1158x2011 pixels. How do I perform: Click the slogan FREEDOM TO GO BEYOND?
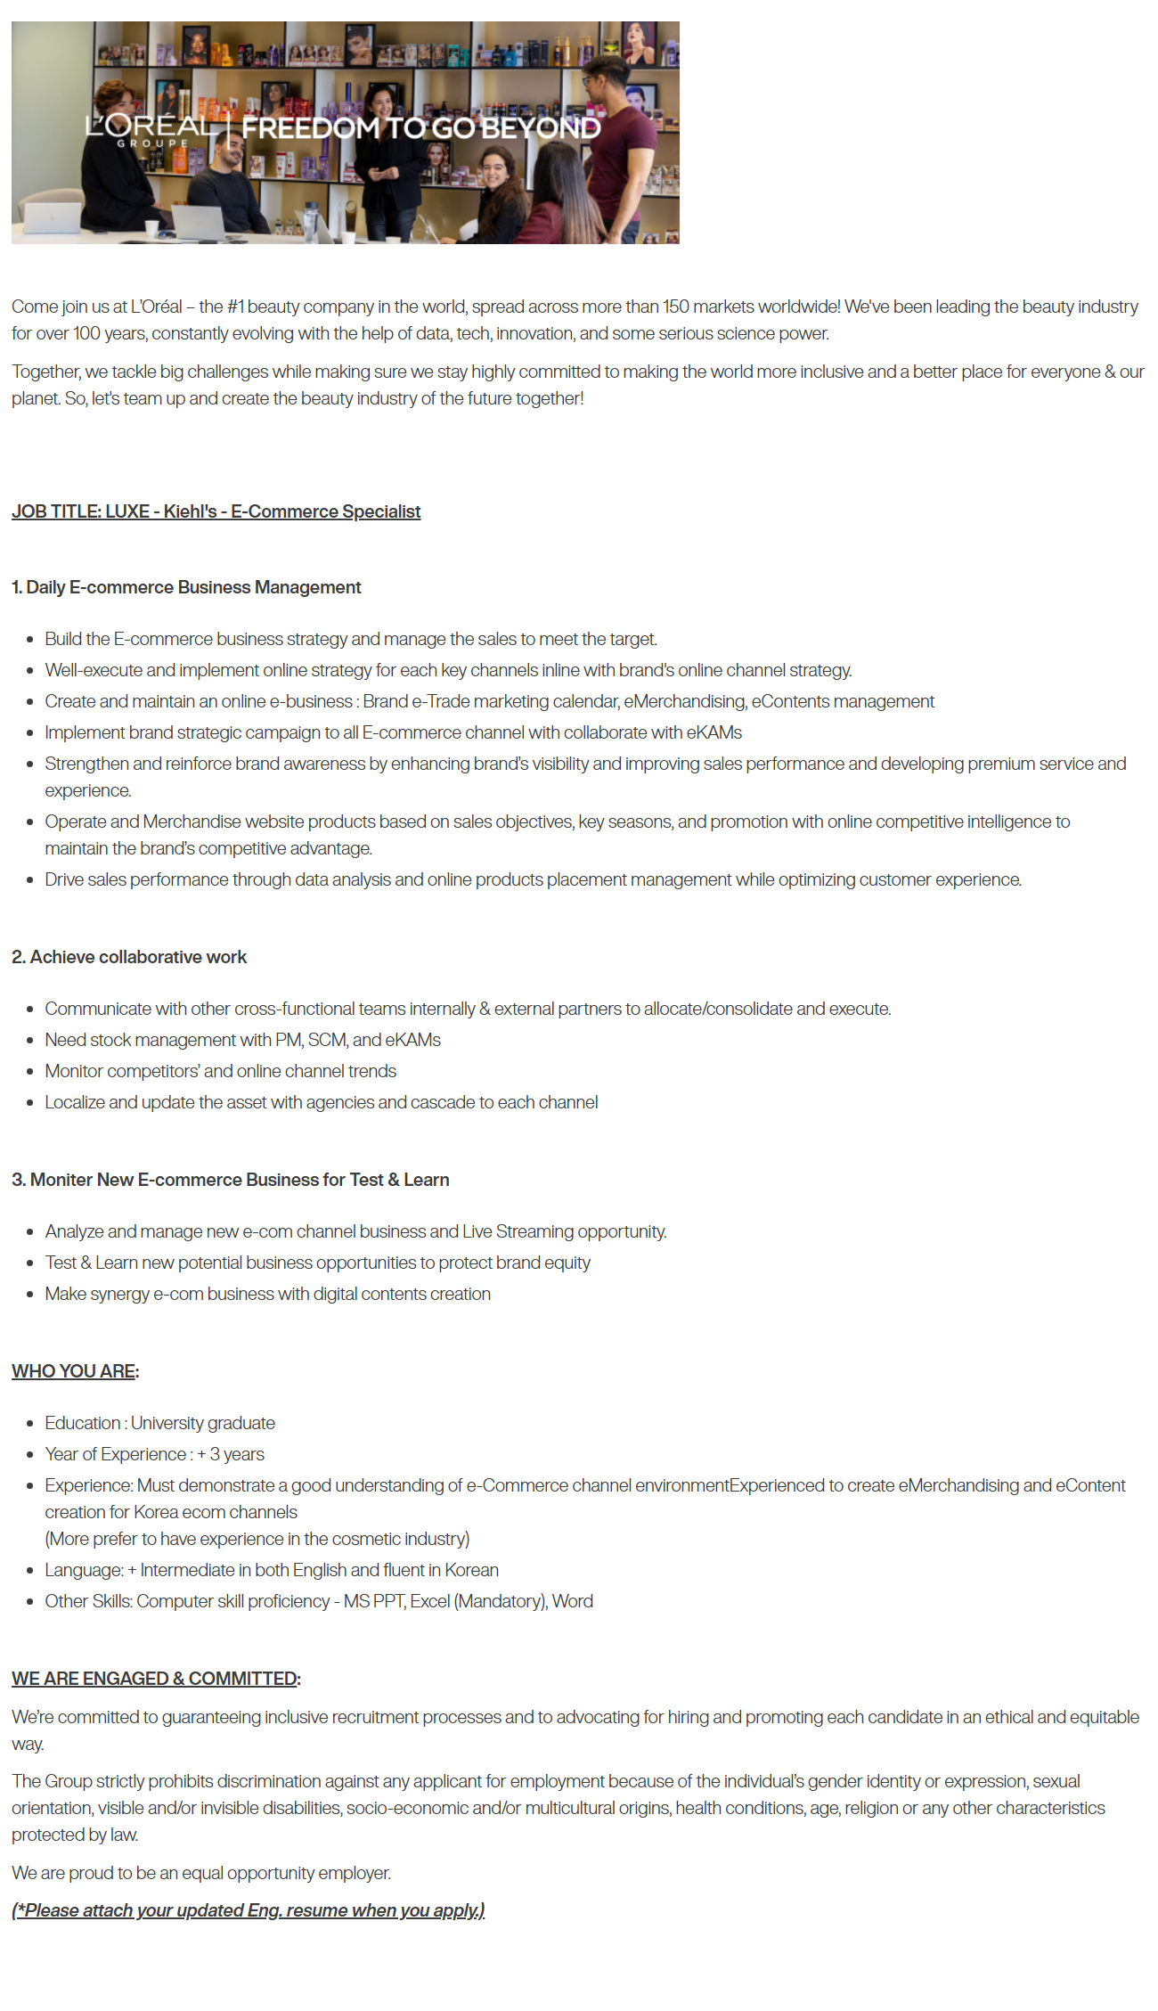(x=420, y=128)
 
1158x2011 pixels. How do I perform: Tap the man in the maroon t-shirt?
(x=622, y=143)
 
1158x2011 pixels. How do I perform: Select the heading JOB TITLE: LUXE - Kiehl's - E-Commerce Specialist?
(x=216, y=511)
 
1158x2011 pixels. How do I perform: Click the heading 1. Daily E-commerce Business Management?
(x=186, y=587)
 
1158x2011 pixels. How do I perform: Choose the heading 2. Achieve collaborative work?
(x=129, y=957)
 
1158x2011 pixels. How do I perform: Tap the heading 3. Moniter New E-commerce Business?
(x=230, y=1180)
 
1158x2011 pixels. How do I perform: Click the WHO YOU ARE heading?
(x=74, y=1371)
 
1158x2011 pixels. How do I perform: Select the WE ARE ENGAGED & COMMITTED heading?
(x=154, y=1679)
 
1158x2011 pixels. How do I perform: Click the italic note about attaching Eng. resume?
(x=248, y=1910)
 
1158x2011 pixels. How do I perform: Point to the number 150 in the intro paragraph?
(x=675, y=307)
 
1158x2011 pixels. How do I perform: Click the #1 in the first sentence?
(x=235, y=307)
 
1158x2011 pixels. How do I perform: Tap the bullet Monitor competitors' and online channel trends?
(x=220, y=1071)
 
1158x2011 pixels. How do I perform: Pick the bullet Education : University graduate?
(x=159, y=1423)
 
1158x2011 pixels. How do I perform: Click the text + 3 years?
(x=231, y=1454)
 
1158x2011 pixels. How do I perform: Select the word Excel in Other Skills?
(x=429, y=1601)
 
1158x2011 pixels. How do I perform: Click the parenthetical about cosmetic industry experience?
(x=257, y=1539)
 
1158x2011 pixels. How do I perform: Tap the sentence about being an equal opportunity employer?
(x=201, y=1873)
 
